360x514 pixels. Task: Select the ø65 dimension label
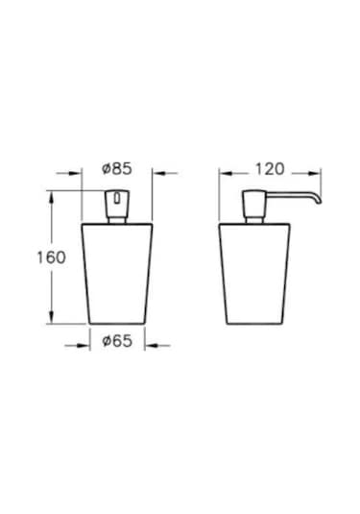(116, 340)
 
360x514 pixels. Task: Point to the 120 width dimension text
(272, 170)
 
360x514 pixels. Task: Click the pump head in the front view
(116, 203)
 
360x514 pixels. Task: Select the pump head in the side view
(258, 204)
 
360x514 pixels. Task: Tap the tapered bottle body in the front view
(116, 274)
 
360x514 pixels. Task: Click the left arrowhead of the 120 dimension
(226, 174)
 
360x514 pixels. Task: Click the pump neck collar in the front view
(116, 220)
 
